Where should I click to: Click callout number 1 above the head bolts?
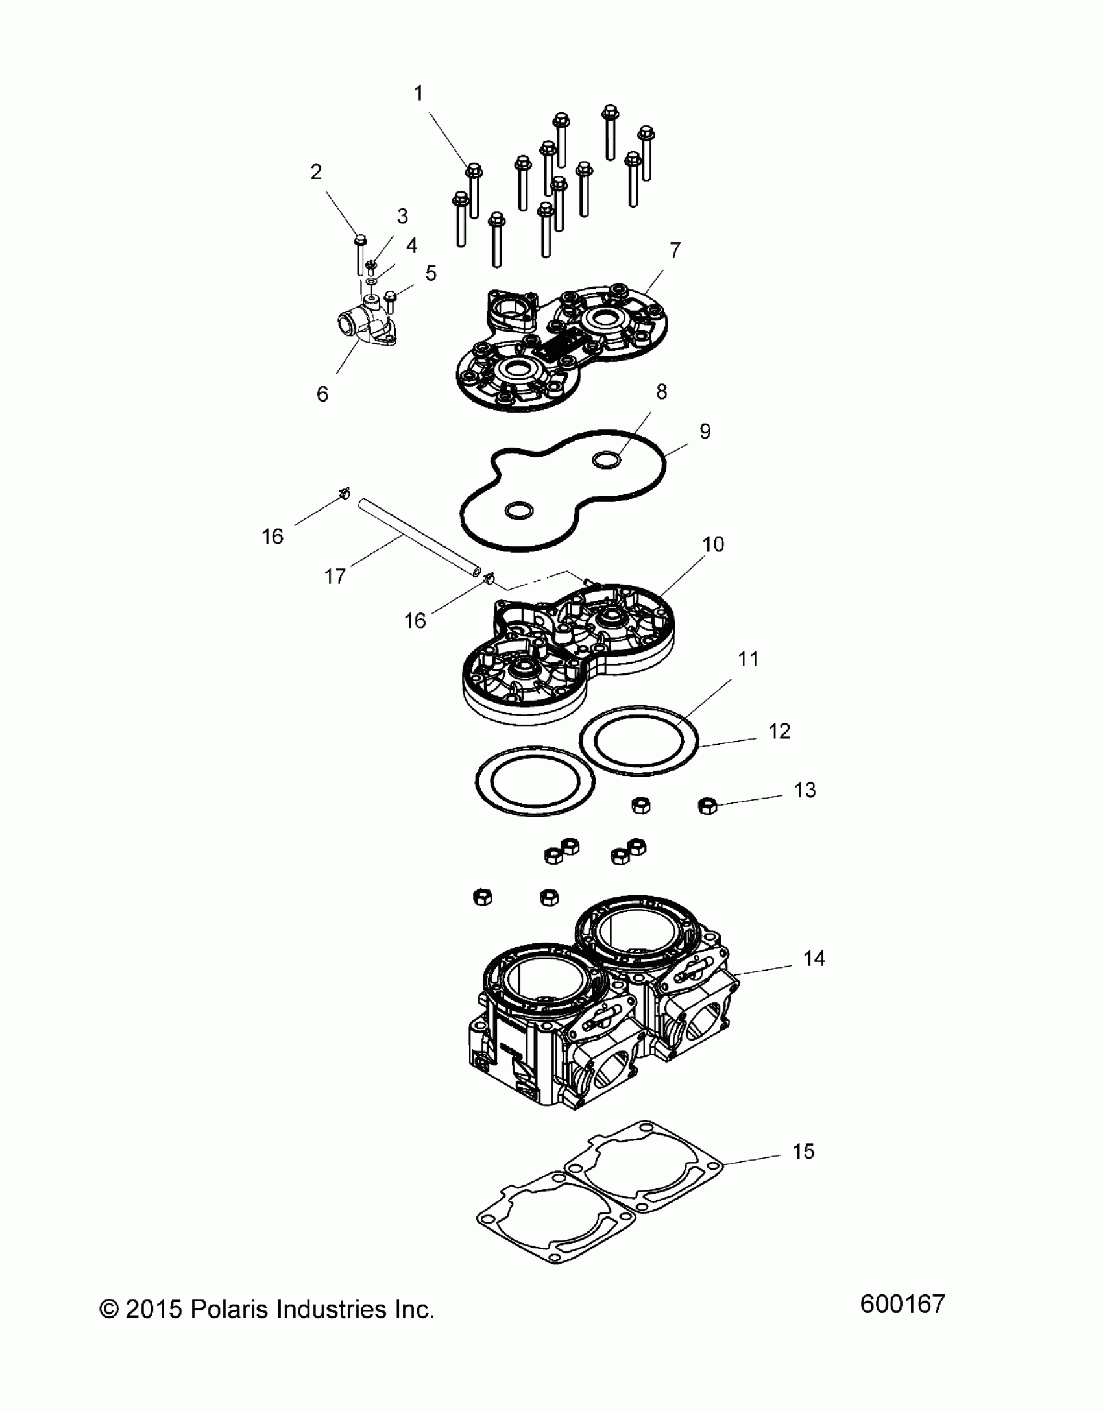pos(418,93)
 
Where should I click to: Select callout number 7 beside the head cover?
pos(675,249)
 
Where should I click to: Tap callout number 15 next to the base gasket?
pos(803,1152)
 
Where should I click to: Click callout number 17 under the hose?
pos(335,575)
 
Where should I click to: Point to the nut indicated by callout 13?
pos(707,806)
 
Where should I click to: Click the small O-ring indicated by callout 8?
pos(607,460)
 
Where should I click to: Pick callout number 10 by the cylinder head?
pos(713,544)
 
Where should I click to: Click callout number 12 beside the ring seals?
pos(779,731)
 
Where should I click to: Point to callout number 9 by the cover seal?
pos(705,431)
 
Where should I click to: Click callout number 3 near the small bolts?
pos(402,216)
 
